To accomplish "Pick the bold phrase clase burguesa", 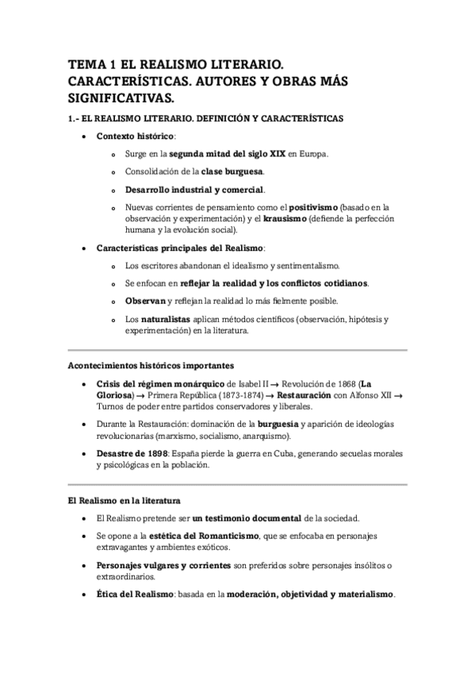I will tap(233, 171).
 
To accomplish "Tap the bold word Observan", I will tap(145, 301).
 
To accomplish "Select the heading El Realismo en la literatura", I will tap(123, 501).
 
